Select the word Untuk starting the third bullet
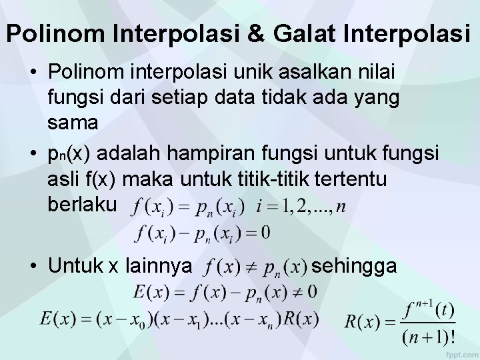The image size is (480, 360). [73, 266]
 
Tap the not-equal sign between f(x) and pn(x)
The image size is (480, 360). [251, 267]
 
